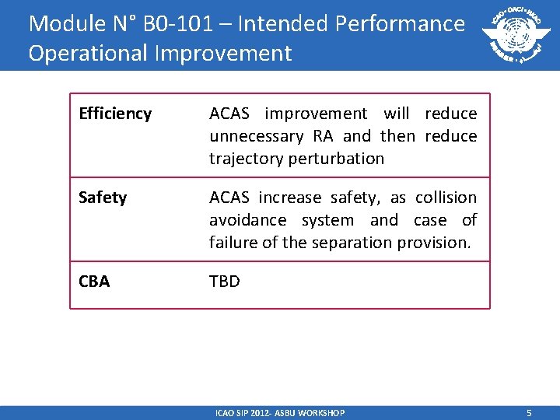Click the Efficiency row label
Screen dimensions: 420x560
pyautogui.click(x=115, y=114)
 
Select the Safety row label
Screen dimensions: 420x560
pyautogui.click(x=102, y=198)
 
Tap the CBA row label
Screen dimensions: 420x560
pyautogui.click(x=94, y=282)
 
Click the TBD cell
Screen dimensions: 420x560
pyautogui.click(x=225, y=282)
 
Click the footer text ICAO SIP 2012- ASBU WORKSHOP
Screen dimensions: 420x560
pyautogui.click(x=280, y=413)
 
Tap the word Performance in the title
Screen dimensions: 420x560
pyautogui.click(x=400, y=23)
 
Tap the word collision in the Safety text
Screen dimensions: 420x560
pyautogui.click(x=446, y=198)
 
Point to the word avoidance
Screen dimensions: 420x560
pyautogui.click(x=247, y=220)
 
